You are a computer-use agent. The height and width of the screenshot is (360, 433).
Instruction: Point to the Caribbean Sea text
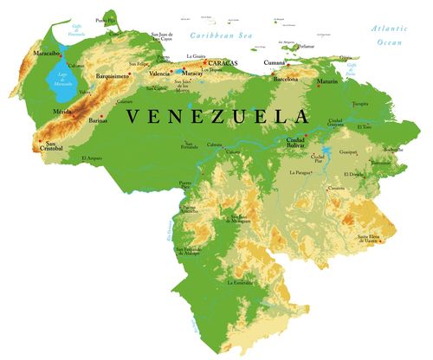point(222,35)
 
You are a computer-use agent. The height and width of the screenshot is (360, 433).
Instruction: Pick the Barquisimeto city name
point(114,75)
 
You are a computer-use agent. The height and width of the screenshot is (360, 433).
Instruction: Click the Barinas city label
point(99,121)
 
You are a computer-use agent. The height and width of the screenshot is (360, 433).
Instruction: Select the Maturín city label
point(326,81)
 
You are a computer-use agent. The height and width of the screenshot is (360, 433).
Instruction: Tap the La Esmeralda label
point(240,283)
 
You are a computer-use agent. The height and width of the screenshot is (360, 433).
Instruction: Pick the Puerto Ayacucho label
point(190,209)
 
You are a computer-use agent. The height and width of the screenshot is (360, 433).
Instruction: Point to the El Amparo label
point(94,158)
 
